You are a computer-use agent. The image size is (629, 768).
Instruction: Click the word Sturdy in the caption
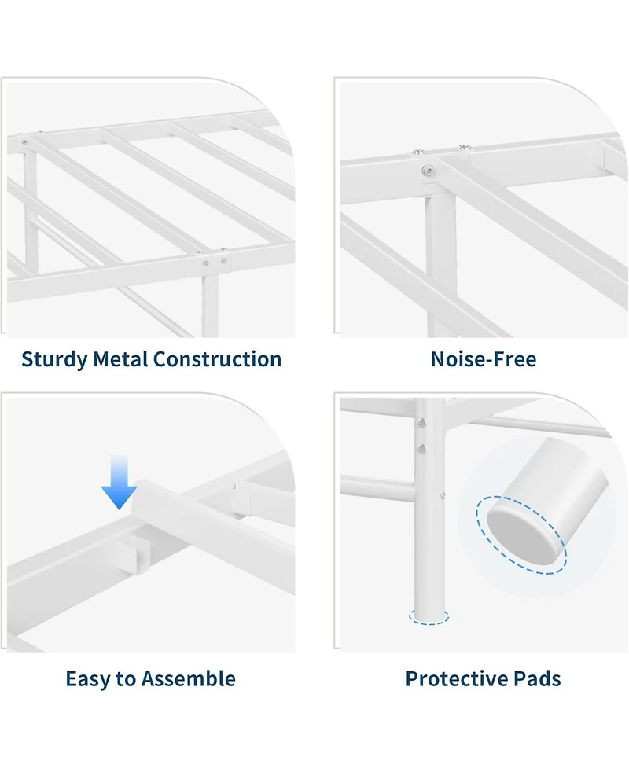pyautogui.click(x=54, y=360)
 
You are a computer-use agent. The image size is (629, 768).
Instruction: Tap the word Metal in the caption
pyautogui.click(x=120, y=359)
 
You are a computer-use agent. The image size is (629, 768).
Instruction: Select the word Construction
pyautogui.click(x=217, y=359)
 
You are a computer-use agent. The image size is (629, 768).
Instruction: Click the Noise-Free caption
pyautogui.click(x=483, y=359)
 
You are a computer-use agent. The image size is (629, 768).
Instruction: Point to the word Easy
pyautogui.click(x=88, y=678)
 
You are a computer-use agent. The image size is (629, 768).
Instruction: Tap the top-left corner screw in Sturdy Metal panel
pyautogui.click(x=25, y=142)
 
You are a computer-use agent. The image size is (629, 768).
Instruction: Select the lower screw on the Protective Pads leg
pyautogui.click(x=421, y=448)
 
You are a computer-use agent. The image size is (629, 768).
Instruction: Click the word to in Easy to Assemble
pyautogui.click(x=126, y=679)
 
